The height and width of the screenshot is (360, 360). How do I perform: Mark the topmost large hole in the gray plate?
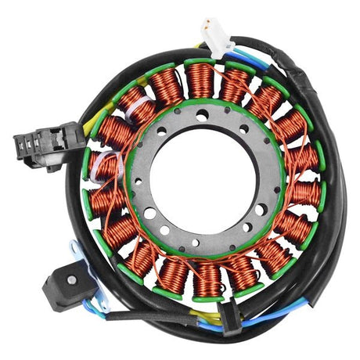click(202, 114)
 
